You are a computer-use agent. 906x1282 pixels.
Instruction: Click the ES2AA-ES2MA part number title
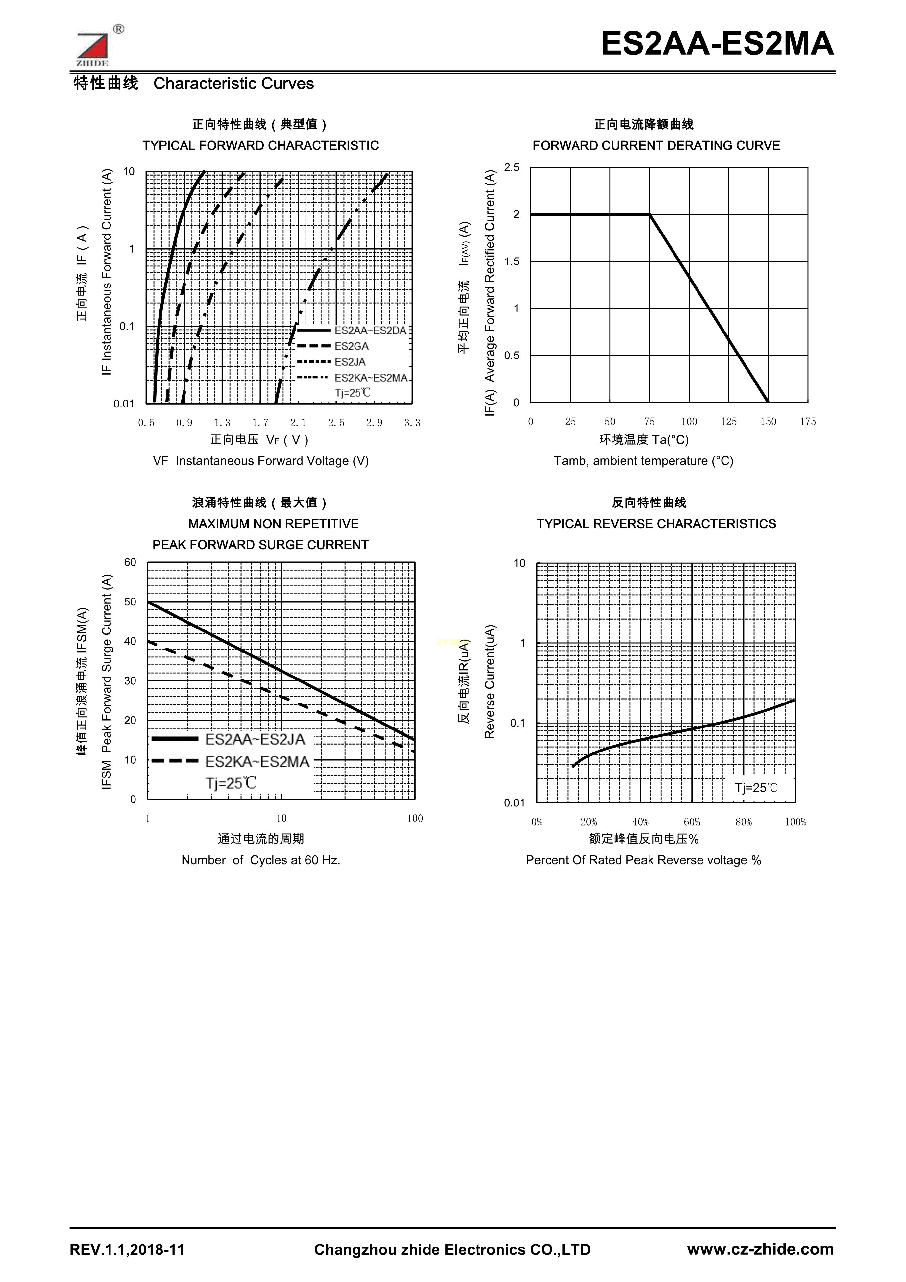point(717,43)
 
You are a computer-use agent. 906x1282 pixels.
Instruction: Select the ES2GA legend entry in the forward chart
point(351,346)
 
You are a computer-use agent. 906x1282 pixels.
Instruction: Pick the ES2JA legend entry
point(350,362)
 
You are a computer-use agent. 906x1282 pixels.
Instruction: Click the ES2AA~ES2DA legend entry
point(370,331)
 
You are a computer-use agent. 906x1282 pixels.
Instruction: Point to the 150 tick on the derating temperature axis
point(768,422)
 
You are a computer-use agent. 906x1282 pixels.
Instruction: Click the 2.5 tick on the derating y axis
point(511,167)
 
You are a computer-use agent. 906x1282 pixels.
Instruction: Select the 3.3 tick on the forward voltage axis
point(412,423)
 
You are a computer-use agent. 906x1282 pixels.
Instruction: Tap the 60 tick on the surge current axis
point(130,562)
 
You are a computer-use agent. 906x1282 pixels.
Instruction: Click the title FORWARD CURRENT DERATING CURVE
point(656,146)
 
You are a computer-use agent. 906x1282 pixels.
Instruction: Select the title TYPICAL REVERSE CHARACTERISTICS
point(656,524)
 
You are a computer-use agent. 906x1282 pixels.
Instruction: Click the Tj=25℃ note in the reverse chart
point(756,788)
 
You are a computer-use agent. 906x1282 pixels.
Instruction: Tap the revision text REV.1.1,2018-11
point(127,1250)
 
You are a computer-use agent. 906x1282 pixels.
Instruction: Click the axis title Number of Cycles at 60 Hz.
point(261,860)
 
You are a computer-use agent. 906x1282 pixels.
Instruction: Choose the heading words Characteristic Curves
point(233,84)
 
